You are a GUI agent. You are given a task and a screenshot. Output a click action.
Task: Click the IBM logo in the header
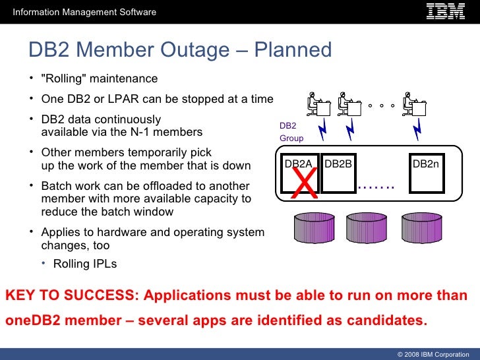[x=445, y=11]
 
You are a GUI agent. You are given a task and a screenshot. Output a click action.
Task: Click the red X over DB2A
[x=305, y=183]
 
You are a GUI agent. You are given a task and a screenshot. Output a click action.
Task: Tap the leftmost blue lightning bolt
[x=322, y=131]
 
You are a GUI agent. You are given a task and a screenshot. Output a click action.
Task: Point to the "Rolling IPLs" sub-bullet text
[x=84, y=264]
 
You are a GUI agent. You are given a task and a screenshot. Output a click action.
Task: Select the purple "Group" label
[x=291, y=138]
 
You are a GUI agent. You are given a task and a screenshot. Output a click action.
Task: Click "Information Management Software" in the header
[x=84, y=12]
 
